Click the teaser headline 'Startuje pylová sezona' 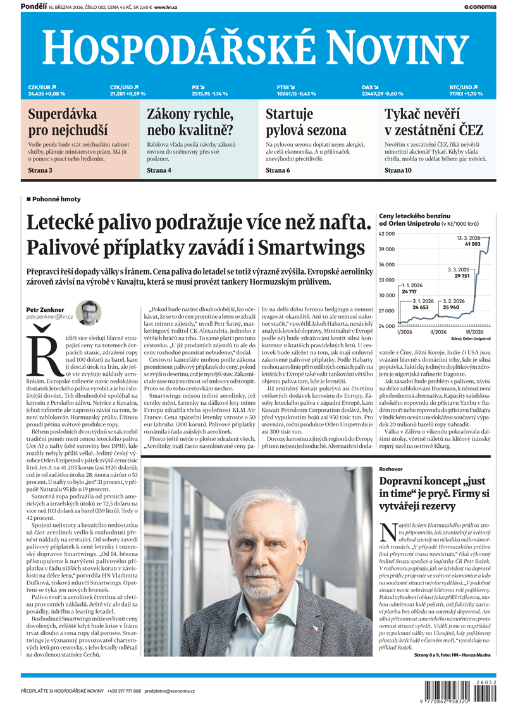pos(306,123)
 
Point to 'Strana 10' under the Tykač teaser pos(398,170)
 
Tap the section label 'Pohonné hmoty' pos(56,199)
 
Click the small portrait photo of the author pos(89,312)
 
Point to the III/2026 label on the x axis pos(474,331)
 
